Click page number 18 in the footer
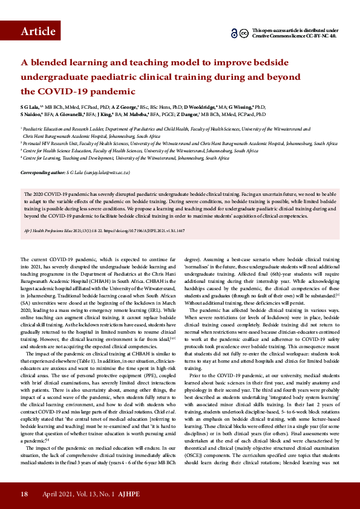(x=24, y=494)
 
